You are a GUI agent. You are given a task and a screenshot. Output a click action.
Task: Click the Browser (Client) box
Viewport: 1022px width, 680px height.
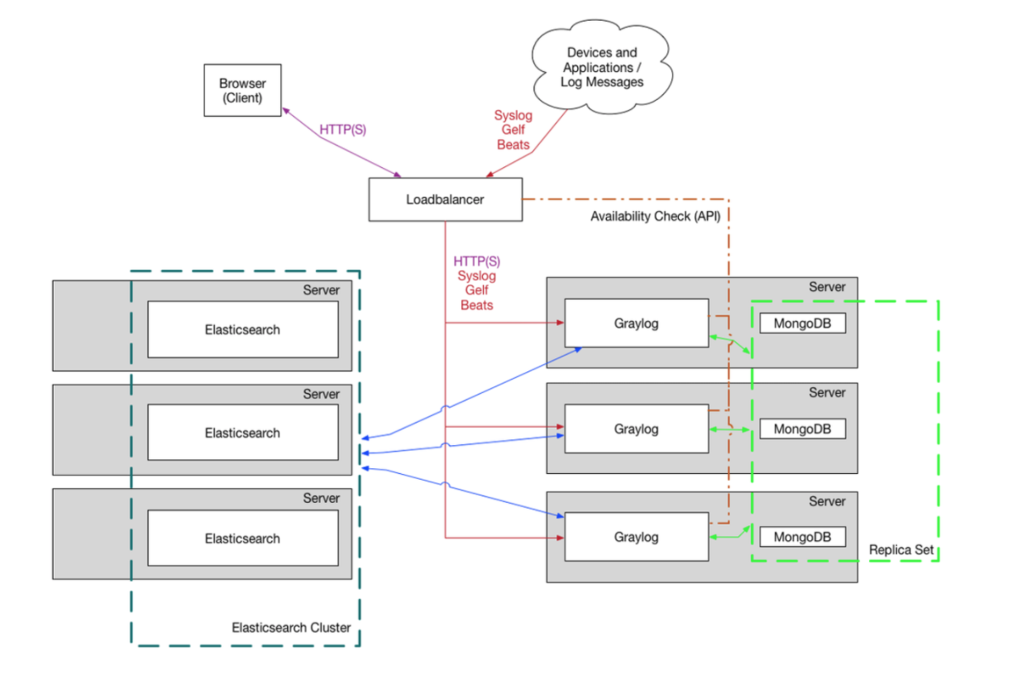242,90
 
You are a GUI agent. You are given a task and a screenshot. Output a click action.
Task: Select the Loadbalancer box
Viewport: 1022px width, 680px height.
445,199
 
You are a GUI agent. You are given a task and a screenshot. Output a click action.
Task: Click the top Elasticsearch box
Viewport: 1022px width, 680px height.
242,329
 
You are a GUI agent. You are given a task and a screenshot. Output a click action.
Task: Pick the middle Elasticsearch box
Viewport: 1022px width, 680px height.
242,433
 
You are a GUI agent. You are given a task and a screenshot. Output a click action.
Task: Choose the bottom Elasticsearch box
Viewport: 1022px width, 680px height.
242,538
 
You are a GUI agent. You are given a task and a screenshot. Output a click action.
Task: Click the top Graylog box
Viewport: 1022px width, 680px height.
636,323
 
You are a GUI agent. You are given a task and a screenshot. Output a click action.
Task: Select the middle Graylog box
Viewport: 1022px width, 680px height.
636,429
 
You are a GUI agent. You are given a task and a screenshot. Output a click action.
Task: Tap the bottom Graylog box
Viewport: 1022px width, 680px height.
636,537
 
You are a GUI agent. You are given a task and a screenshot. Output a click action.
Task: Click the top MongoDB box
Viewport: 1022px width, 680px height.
802,323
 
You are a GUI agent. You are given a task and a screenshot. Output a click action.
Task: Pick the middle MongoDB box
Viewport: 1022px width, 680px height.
802,429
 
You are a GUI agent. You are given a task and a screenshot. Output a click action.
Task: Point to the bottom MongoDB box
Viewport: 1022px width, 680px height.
802,537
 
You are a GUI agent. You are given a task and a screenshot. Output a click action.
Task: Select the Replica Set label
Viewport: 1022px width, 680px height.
900,550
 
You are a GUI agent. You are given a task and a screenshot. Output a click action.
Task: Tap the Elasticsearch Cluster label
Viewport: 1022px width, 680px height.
291,627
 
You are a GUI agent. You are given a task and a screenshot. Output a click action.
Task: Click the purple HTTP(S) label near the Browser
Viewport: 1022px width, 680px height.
343,130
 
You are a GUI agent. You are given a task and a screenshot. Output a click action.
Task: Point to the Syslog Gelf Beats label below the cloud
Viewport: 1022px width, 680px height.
513,130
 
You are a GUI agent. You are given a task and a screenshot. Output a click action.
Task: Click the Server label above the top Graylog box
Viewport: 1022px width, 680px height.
827,287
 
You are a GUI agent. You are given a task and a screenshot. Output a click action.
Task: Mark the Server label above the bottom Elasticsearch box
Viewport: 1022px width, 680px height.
321,498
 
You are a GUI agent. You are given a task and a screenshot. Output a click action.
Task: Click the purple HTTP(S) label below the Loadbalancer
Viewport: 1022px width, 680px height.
476,261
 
